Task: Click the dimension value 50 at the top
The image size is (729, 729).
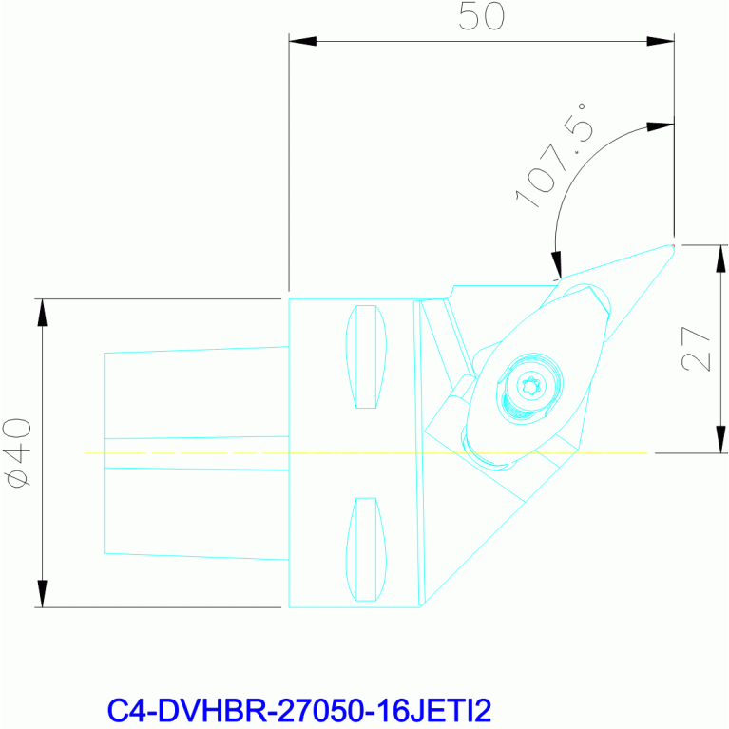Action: tap(481, 16)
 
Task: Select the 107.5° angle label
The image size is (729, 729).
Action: tap(551, 156)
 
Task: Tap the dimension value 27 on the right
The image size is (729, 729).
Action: tap(696, 348)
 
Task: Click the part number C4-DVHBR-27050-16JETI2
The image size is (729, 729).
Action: tap(299, 710)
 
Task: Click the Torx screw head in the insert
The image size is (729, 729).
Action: tap(531, 386)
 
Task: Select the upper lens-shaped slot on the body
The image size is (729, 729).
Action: tap(366, 356)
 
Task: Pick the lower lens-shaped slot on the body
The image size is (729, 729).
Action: tap(366, 549)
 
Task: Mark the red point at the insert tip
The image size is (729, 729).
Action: tap(673, 245)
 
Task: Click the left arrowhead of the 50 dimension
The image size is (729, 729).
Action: tap(302, 41)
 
